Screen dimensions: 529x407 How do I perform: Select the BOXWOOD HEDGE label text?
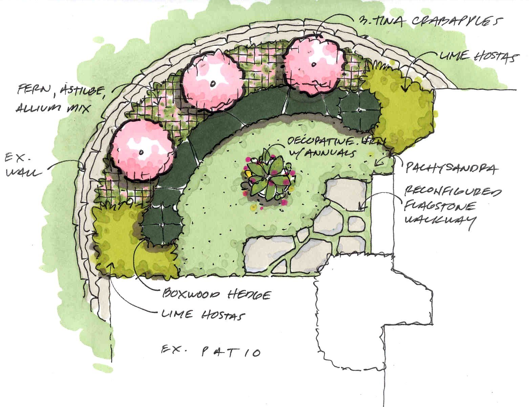(x=217, y=294)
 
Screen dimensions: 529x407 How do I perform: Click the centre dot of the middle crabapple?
(x=213, y=83)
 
